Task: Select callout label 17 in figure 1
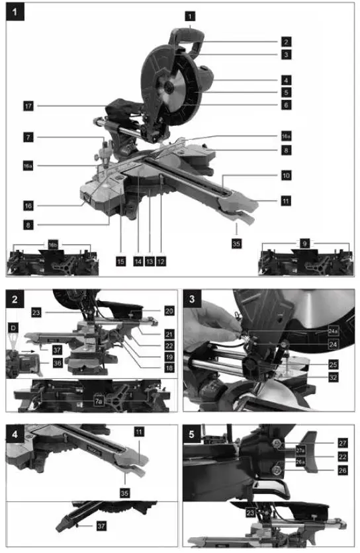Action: coord(26,105)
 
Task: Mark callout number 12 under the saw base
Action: coord(161,261)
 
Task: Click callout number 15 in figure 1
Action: coord(120,261)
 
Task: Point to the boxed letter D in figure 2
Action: coord(14,327)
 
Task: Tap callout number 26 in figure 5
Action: coord(341,472)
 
